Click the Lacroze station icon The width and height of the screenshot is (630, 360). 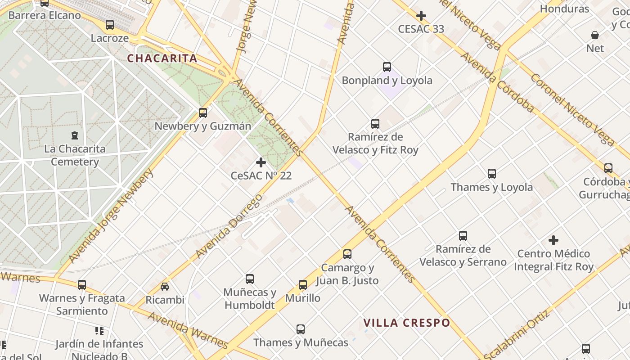110,25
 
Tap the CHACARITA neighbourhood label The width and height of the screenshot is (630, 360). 162,58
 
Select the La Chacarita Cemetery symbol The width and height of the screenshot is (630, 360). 75,135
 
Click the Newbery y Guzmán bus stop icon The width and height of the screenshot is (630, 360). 203,113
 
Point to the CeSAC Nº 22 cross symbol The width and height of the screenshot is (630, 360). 261,162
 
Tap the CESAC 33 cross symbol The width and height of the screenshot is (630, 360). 421,16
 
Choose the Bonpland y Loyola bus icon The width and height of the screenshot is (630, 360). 387,67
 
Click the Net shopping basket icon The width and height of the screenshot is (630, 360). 595,35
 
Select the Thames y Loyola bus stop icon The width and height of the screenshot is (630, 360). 492,174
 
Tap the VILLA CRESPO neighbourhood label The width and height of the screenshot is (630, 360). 407,323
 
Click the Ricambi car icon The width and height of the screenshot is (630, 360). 165,287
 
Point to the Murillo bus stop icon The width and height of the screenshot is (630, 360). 303,285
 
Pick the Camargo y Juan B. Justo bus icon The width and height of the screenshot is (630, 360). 347,254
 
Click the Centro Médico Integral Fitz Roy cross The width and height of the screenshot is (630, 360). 553,240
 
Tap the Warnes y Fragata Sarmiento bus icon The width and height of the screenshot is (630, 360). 81,285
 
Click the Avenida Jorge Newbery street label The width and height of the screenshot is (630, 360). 111,216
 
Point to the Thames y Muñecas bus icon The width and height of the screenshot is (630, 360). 301,329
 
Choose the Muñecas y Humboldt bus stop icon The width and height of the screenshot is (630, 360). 250,279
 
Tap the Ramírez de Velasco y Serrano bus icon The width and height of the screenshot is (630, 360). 463,235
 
